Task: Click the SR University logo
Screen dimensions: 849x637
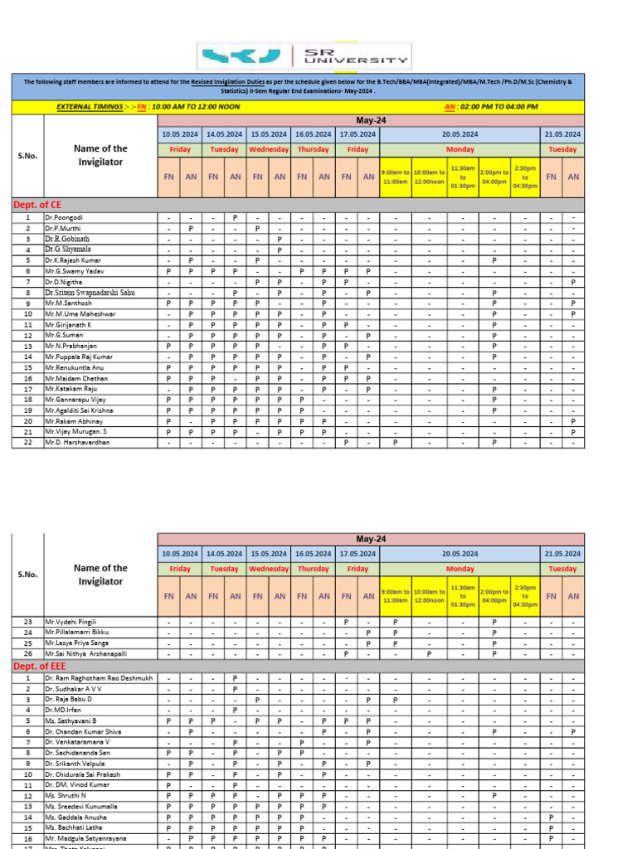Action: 304,56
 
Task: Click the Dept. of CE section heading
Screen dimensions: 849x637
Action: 37,203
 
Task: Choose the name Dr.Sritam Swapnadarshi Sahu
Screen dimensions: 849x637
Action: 90,293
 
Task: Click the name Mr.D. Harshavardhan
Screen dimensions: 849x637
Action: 79,442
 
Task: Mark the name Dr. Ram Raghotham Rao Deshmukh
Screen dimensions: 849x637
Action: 100,678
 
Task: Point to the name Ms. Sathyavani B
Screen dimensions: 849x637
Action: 71,720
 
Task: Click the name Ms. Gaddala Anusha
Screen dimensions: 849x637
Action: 76,817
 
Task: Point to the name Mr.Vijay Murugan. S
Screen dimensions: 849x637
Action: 77,432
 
